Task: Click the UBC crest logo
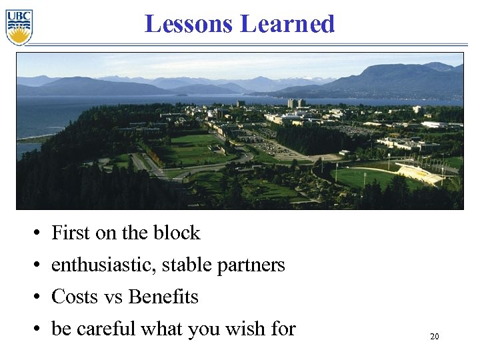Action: [19, 27]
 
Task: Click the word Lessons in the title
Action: [189, 24]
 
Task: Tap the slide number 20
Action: [434, 337]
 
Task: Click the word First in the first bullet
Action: [71, 233]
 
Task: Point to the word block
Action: [177, 233]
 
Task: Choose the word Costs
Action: [75, 297]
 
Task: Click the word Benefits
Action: [163, 297]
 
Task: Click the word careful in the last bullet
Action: [106, 329]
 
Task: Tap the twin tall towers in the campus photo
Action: [293, 103]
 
